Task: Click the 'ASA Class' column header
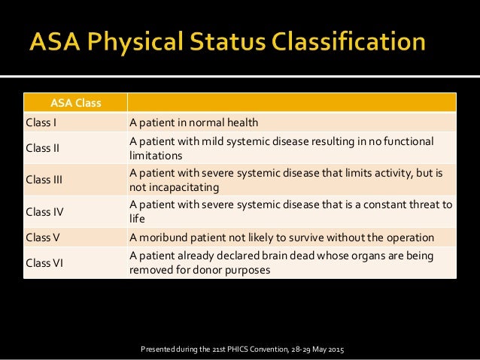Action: (74, 102)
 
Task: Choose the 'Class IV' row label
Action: (44, 211)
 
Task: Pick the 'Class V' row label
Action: (43, 237)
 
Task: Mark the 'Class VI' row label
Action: (44, 263)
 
